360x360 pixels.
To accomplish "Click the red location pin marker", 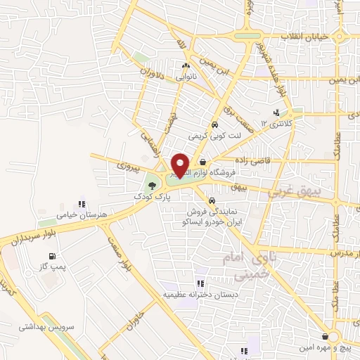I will (180, 165).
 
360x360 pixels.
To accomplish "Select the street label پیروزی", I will (129, 168).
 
